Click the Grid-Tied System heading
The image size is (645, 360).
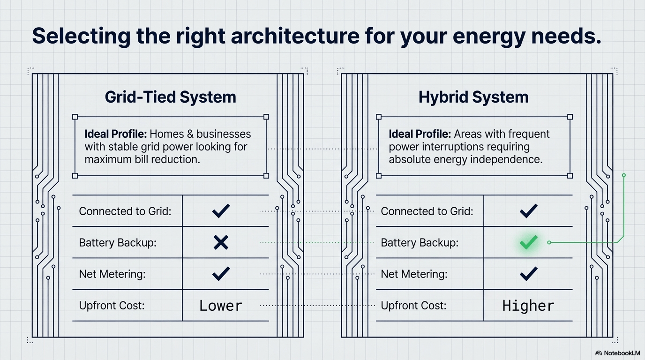point(171,97)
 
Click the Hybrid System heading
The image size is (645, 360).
point(473,97)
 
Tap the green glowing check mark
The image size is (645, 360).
point(528,242)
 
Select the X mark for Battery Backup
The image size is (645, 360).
point(221,242)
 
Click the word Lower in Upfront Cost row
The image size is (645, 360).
point(221,306)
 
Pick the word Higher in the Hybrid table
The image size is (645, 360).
point(528,306)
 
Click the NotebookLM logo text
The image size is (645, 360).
point(622,353)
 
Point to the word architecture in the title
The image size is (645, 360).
point(295,36)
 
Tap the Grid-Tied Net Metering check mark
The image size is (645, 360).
point(221,274)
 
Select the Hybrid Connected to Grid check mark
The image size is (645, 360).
point(528,211)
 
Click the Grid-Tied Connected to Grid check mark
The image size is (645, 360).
point(221,211)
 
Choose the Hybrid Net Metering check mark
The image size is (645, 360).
point(528,274)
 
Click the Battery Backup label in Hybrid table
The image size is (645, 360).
point(420,243)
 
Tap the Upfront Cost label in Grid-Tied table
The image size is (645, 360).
point(112,306)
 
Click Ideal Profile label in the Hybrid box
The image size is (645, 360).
point(420,134)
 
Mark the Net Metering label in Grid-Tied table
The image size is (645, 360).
point(112,274)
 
